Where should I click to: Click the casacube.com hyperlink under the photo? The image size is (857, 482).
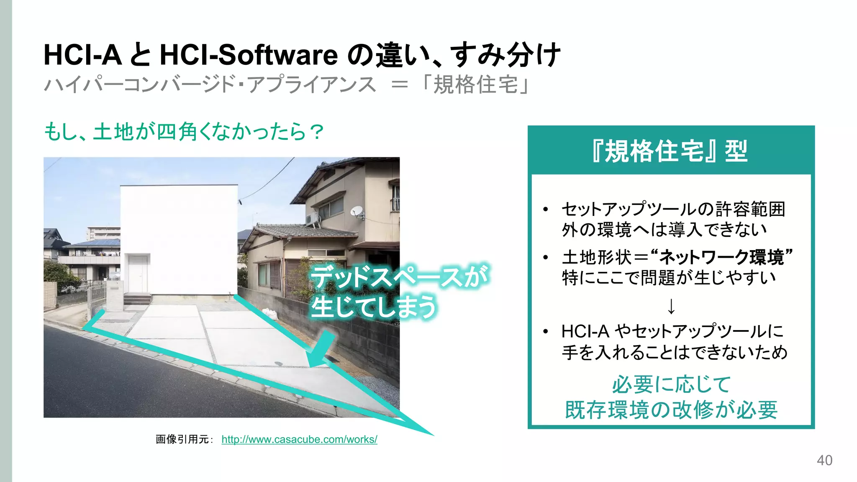[299, 439]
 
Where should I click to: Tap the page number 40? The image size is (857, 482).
[824, 460]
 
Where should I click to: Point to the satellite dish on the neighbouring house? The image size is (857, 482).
[357, 211]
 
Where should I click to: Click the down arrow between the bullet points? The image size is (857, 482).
[671, 306]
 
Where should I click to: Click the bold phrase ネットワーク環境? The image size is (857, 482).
[722, 257]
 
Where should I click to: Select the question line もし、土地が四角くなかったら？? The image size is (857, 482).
[184, 132]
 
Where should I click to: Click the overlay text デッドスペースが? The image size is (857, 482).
[400, 277]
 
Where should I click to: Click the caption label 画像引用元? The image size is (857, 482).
[183, 439]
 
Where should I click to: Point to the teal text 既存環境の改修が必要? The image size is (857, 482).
[671, 410]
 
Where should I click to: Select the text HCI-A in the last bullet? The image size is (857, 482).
[585, 331]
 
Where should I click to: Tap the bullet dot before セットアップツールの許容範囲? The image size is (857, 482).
[545, 209]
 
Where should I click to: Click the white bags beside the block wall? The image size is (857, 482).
[269, 314]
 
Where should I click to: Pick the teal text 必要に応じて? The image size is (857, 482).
[671, 385]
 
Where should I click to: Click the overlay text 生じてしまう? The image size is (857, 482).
[374, 307]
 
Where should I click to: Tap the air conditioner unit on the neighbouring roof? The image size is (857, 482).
[312, 218]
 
